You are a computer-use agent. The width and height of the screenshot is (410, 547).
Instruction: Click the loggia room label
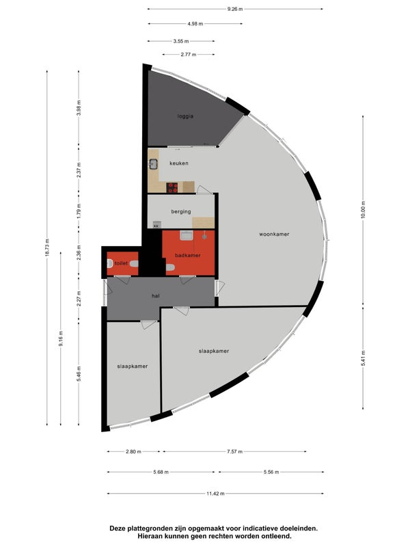pos(185,116)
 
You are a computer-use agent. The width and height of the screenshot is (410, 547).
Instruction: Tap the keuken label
pos(179,163)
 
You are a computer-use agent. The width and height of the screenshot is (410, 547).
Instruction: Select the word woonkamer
pos(274,234)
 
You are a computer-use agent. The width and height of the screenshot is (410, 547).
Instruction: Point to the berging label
pos(181,211)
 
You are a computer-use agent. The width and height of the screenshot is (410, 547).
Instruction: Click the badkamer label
pos(187,255)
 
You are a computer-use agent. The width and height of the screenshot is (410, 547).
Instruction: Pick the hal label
pos(156,296)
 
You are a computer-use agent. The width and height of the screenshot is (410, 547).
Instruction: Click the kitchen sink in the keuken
pos(153,163)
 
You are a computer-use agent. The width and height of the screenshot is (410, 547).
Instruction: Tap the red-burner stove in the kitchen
pos(172,187)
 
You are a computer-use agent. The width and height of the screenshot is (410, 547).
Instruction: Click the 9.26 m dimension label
pos(235,9)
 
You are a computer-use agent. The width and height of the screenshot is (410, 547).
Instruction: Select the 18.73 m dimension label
pos(46,248)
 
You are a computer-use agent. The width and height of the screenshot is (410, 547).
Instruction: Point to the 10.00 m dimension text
pos(363,210)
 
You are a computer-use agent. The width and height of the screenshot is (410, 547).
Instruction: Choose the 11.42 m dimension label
pos(215,494)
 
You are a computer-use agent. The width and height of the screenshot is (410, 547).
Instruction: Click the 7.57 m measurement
pos(234,451)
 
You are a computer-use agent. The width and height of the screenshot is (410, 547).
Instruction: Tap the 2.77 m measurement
pos(189,55)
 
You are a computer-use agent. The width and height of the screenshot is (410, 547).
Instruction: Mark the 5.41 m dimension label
pos(363,358)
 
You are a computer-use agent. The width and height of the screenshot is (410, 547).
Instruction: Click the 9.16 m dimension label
pos(61,338)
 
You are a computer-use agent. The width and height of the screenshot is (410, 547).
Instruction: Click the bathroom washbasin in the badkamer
pos(186,236)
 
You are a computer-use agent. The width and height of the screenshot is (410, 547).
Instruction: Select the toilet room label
pos(121,263)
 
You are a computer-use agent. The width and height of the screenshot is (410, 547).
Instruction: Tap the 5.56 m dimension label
pos(271,472)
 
